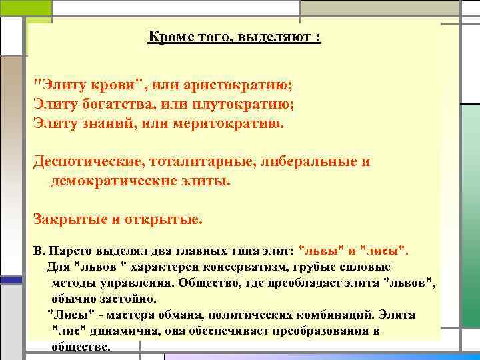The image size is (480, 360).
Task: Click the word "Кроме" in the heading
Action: coord(166,38)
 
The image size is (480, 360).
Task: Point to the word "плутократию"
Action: coord(245,105)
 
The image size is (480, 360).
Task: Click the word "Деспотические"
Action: coord(83,162)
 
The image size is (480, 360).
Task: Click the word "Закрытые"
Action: coord(65,219)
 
